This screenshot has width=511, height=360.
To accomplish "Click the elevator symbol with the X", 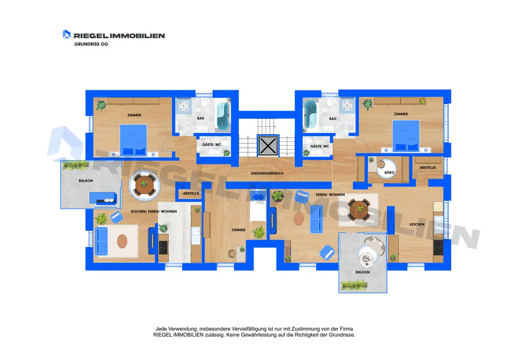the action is tap(268, 146).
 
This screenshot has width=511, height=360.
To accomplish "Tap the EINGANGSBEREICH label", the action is tap(267, 173).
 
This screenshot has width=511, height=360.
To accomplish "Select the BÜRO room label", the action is tap(389, 172).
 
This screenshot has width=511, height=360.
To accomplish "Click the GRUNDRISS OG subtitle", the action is tap(91, 44).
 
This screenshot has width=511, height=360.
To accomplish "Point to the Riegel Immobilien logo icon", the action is tap(67, 34).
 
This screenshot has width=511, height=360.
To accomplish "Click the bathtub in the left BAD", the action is tap(223, 116).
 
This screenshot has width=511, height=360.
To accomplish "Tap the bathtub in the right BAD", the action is tap(310, 115).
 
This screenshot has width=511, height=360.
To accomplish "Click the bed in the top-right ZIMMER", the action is tap(406, 136).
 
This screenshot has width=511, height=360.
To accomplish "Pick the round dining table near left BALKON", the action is tap(144, 184).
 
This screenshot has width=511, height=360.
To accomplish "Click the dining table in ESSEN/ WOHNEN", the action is tap(359, 209).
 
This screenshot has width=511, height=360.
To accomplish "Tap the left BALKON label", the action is tap(86, 181).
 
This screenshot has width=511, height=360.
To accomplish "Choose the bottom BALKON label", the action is tap(362, 272).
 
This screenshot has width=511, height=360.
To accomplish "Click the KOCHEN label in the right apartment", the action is tap(417, 224).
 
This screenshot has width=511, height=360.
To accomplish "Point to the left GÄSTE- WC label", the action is tap(212, 145).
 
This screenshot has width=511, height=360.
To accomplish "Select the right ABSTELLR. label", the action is tap(428, 168).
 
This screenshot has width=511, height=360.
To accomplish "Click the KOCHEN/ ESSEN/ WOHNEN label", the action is tap(154, 211).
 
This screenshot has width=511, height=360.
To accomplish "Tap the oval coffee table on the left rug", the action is tap(122, 241).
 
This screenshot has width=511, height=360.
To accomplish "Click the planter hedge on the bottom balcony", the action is tap(354, 286).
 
